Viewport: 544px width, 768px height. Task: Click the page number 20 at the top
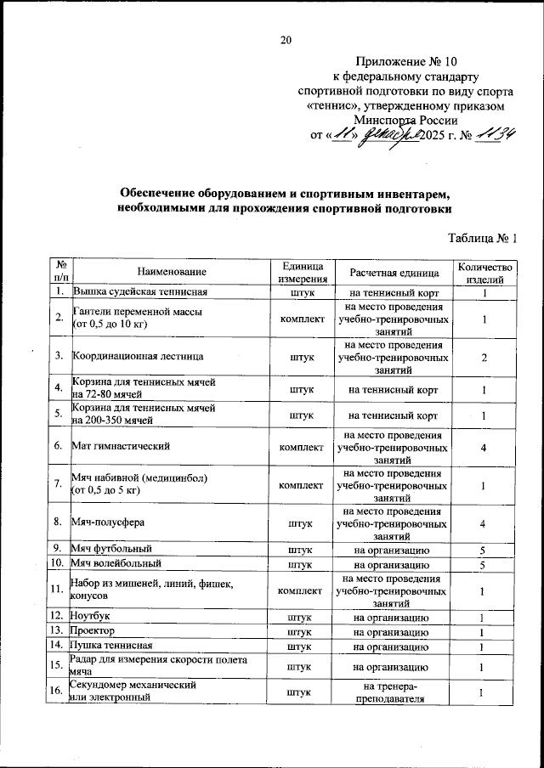point(286,40)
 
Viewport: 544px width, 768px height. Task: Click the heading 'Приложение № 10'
point(406,62)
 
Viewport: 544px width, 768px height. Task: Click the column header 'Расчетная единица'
point(394,272)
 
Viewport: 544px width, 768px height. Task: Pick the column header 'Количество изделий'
point(484,272)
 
